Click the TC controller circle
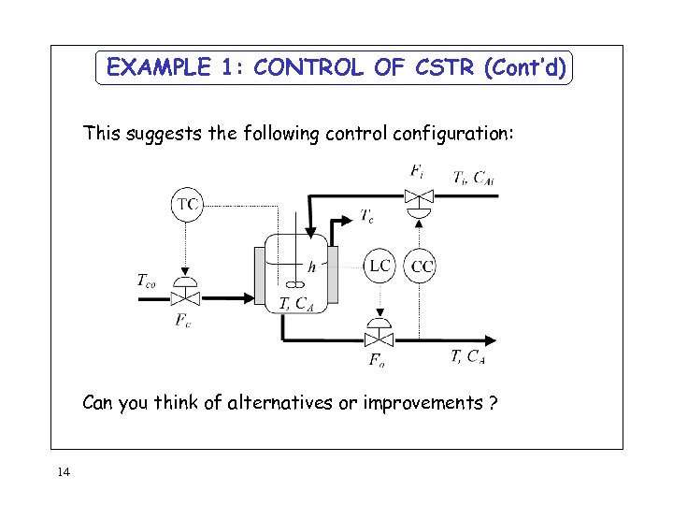(188, 204)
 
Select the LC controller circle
(379, 266)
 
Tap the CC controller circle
(422, 267)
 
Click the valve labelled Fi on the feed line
(418, 196)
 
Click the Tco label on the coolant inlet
(148, 279)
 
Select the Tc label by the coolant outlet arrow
(370, 216)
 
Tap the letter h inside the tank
(312, 267)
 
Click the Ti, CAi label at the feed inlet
(473, 178)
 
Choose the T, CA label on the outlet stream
(467, 356)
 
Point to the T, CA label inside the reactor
(296, 302)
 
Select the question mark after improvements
(492, 403)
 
